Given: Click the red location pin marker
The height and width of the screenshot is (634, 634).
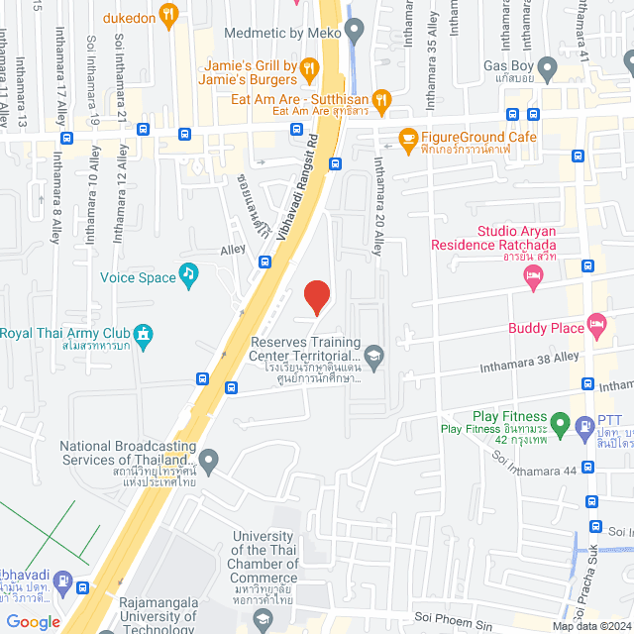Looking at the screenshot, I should click(x=316, y=296).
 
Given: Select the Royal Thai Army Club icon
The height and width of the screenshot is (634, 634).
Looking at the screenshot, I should click(x=144, y=333).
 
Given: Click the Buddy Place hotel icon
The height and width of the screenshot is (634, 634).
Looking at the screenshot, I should click(x=595, y=323).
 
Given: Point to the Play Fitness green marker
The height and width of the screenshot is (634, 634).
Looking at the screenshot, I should click(x=560, y=426).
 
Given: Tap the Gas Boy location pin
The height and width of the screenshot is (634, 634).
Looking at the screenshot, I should click(x=549, y=67).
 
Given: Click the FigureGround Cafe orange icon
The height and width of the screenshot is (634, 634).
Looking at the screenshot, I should click(x=407, y=138).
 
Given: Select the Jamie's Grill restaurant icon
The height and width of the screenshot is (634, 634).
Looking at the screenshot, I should click(x=309, y=68).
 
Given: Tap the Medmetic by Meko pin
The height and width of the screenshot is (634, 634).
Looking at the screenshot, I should click(x=356, y=32).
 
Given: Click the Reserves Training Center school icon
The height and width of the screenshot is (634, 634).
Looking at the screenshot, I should click(x=373, y=354).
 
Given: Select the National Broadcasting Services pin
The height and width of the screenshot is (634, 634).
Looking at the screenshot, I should click(x=208, y=459).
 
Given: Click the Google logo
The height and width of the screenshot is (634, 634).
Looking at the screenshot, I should click(x=33, y=622).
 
